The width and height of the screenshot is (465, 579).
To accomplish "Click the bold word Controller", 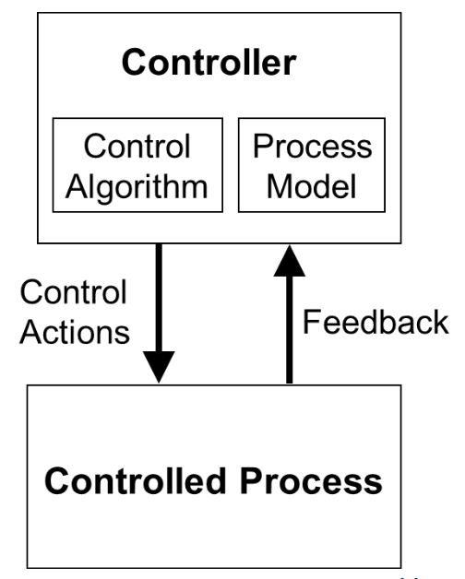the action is click(x=209, y=63).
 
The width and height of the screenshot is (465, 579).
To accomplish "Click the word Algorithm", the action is click(x=137, y=187).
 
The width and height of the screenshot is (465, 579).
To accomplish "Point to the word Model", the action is click(x=311, y=185).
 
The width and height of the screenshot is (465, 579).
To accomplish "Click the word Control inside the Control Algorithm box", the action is click(x=137, y=146).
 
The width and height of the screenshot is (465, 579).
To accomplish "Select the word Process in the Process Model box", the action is click(x=313, y=147).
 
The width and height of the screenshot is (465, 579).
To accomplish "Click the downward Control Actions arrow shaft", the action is click(x=159, y=298).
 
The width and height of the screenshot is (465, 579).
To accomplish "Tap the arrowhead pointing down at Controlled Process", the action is click(x=159, y=367).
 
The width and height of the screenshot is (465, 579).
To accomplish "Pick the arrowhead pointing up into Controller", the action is click(x=290, y=261).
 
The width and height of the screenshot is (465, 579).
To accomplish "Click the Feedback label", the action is click(x=376, y=322).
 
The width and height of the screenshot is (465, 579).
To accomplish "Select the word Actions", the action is click(x=75, y=332).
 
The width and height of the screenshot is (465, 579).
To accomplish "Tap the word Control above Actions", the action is click(x=74, y=291).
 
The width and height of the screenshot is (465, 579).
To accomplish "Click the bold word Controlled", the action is click(x=135, y=480).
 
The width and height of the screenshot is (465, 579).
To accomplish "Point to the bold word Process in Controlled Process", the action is click(x=311, y=480).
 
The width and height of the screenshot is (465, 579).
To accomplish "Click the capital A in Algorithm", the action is click(x=77, y=185).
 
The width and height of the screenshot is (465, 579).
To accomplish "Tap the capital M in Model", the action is click(x=280, y=185).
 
